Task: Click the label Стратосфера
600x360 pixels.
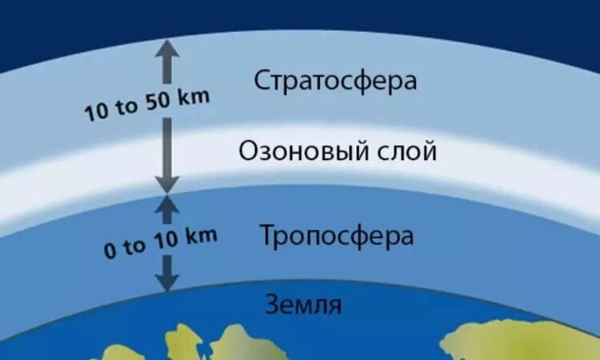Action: (335, 81)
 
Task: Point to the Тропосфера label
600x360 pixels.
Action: (336, 236)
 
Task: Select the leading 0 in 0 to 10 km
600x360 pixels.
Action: (110, 250)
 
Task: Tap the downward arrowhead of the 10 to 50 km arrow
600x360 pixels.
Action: (166, 182)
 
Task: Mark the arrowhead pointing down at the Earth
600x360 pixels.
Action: (166, 281)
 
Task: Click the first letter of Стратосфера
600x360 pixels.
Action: (262, 81)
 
